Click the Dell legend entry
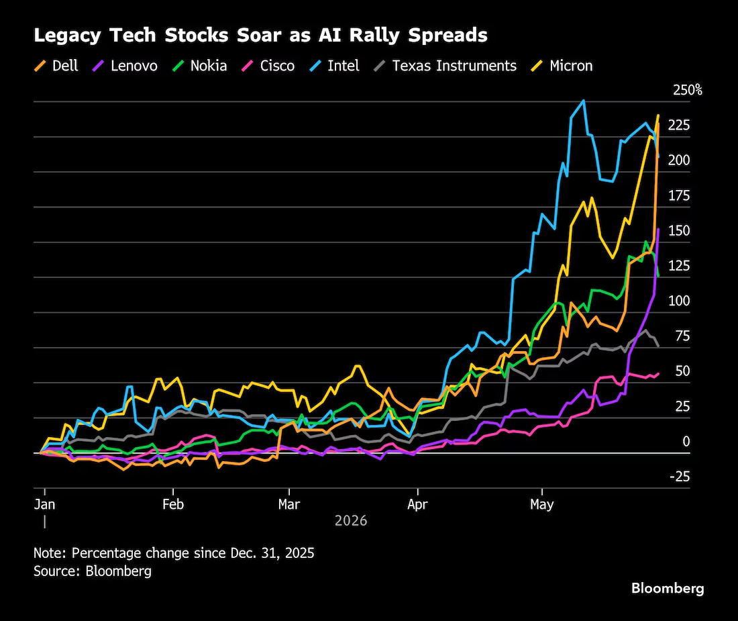56,65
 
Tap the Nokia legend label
209,65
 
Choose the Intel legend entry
334,65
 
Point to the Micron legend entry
562,65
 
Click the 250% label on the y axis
687,90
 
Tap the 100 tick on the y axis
679,301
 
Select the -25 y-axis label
679,477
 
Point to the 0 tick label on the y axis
686,441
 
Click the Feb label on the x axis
172,504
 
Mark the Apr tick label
417,505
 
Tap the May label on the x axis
541,505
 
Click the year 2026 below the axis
351,521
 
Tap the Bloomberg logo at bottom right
668,589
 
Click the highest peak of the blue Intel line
584,100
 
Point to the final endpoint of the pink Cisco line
658,374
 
